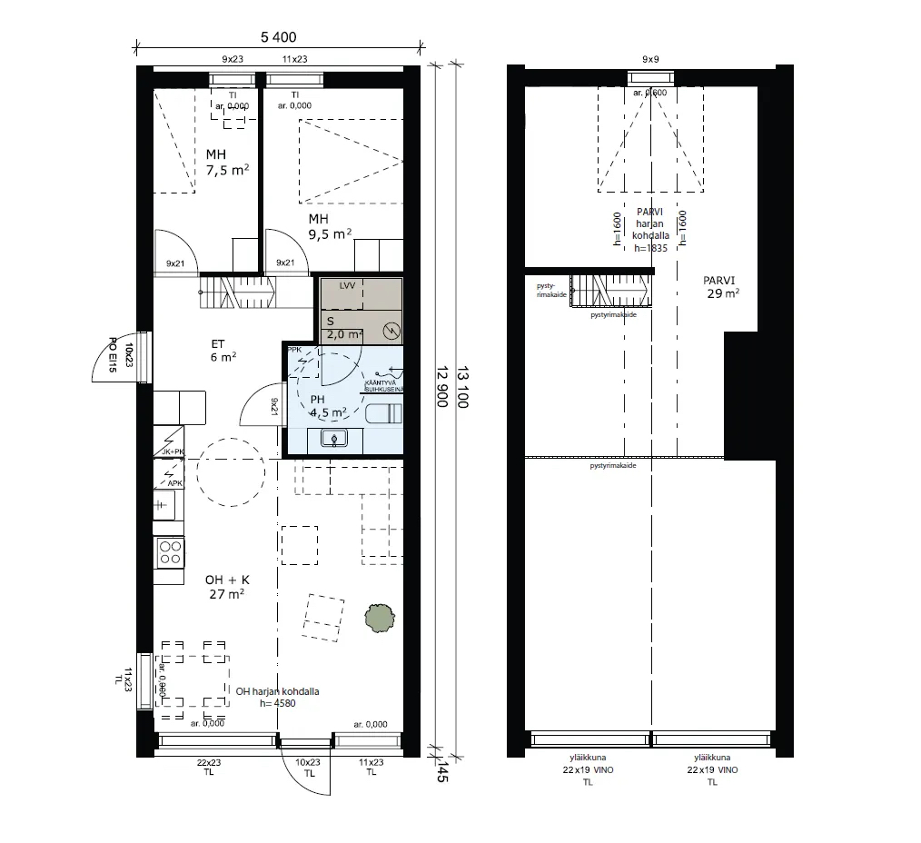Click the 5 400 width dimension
point(279,36)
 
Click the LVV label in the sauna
point(346,285)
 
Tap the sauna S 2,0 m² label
point(343,328)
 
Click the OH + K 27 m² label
point(226,586)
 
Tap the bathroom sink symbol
point(335,440)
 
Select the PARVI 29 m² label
point(723,287)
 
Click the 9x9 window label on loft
point(650,59)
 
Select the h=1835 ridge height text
point(651,247)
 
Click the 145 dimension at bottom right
point(442,773)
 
